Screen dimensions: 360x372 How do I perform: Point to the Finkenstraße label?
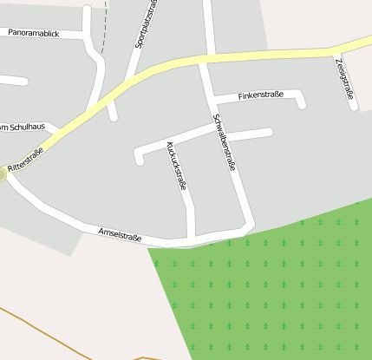click(259, 95)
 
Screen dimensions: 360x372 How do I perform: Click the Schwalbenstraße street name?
click(224, 142)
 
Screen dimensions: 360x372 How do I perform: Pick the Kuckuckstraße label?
click(176, 165)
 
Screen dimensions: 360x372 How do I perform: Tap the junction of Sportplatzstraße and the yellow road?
click(132, 79)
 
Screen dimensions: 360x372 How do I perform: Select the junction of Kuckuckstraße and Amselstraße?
click(192, 237)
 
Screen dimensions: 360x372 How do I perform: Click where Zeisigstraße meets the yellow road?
click(333, 51)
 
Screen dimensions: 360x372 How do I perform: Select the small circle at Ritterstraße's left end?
click(2, 174)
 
